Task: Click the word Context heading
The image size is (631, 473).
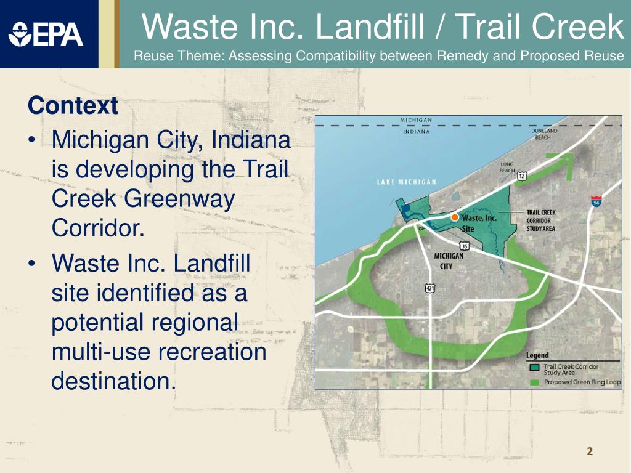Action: (73, 106)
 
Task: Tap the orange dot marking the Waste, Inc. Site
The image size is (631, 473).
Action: (454, 217)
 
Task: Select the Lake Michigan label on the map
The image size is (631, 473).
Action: (407, 182)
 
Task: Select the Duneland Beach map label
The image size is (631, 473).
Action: (543, 134)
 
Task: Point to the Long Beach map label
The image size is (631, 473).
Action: (507, 167)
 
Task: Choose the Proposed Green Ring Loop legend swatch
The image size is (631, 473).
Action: (535, 382)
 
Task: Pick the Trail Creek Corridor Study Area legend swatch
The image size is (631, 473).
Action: (535, 368)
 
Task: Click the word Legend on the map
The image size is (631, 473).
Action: (537, 355)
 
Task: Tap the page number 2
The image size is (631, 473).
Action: (590, 452)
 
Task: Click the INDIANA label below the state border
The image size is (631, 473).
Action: (417, 131)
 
